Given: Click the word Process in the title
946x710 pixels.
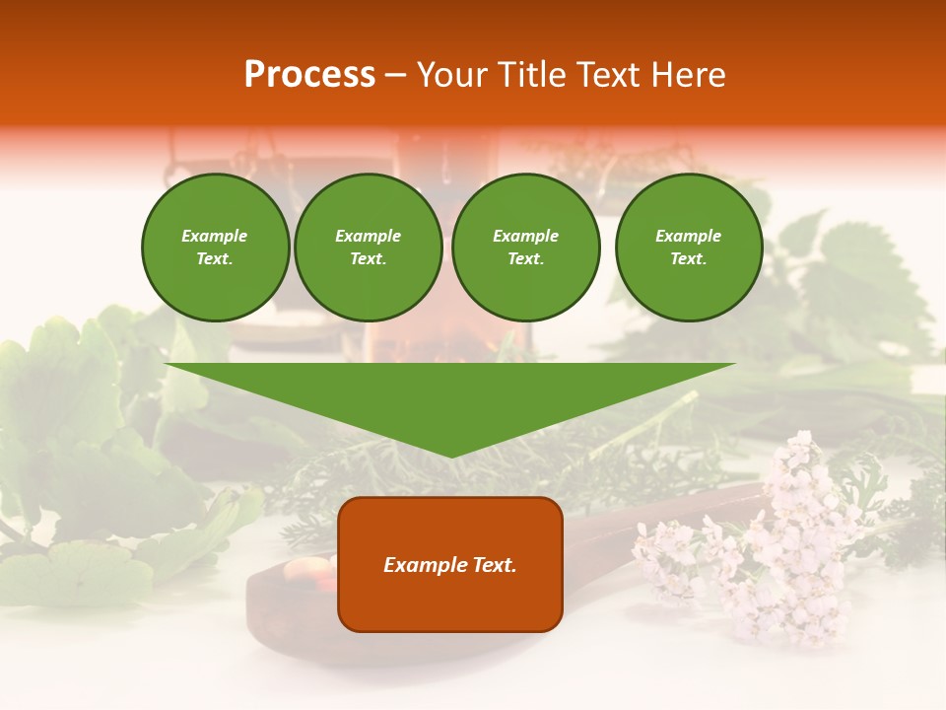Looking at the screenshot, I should pyautogui.click(x=309, y=75).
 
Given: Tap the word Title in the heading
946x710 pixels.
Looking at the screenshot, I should pyautogui.click(x=527, y=75).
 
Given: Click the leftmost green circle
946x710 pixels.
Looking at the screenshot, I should pyautogui.click(x=215, y=248).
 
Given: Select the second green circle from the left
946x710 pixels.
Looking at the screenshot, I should pyautogui.click(x=368, y=248).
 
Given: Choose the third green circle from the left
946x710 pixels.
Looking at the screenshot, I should pyautogui.click(x=525, y=248).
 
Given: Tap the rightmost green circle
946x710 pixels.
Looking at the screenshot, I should pyautogui.click(x=689, y=248).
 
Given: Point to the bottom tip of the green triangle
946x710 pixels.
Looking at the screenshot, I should pyautogui.click(x=450, y=455).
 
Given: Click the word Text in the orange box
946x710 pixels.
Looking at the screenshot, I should pyautogui.click(x=493, y=565).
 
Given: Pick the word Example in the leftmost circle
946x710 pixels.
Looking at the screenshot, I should pyautogui.click(x=215, y=236).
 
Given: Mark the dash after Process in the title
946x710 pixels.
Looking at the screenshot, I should pyautogui.click(x=395, y=76).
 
